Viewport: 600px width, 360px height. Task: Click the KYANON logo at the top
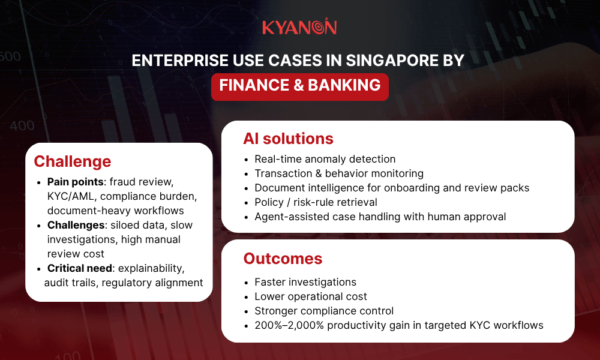click(x=299, y=28)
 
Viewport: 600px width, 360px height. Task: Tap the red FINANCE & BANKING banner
click(x=300, y=85)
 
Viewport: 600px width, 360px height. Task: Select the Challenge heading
click(x=72, y=161)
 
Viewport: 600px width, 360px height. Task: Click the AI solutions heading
click(x=288, y=139)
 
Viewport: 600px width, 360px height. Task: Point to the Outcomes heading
click(x=283, y=259)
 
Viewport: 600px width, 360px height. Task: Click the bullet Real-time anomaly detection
click(x=325, y=159)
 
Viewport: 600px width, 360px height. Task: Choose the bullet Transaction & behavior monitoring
click(x=339, y=173)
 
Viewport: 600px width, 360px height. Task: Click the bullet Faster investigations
click(x=305, y=282)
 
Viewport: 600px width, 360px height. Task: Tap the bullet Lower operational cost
click(x=311, y=296)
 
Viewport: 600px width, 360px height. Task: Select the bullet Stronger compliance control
click(x=324, y=311)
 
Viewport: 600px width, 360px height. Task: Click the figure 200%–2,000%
click(x=290, y=325)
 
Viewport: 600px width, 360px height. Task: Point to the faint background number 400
click(x=22, y=126)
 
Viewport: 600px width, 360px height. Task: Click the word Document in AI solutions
click(x=279, y=188)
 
